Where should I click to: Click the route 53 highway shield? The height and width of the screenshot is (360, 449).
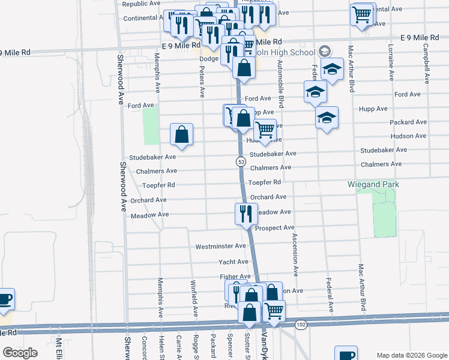240,162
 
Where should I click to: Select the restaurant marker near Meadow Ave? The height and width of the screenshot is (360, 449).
245,214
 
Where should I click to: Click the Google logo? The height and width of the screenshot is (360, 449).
20,353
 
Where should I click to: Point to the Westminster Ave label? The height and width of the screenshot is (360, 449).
221,247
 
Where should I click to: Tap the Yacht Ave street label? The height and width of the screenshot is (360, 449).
234,262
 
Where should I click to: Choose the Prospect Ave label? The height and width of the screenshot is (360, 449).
275,228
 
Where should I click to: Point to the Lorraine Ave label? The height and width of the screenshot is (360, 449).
391,62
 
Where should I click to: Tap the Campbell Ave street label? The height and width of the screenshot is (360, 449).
426,62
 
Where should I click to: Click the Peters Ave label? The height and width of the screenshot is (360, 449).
202,83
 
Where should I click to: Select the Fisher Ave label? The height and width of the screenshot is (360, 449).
235,277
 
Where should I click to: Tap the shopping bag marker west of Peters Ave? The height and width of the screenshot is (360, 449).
181,135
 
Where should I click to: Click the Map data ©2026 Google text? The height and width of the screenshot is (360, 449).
411,355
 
